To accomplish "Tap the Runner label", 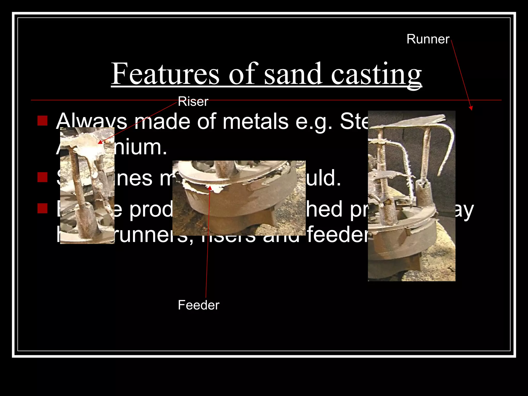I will click(428, 39).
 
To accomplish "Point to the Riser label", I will click(193, 102).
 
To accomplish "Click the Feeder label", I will click(199, 305).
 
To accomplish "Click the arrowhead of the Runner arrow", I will click(471, 108).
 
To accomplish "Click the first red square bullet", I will click(43, 120).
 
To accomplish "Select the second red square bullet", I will click(43, 177).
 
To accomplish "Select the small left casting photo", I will click(87, 186).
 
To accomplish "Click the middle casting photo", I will click(239, 198).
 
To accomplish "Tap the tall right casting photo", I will click(411, 196).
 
